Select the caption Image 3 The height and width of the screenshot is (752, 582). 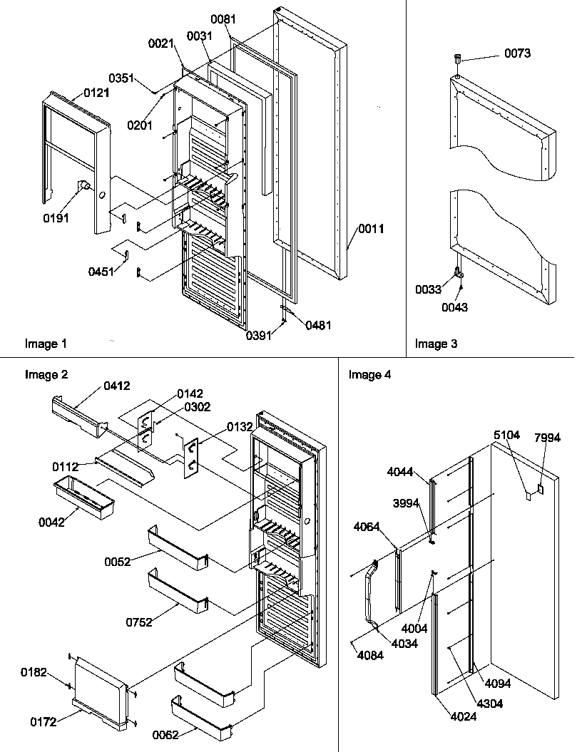point(436,344)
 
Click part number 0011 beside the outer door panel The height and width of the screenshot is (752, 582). point(371,229)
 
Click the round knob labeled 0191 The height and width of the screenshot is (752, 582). point(84,187)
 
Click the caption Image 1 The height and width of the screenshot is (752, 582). point(46,344)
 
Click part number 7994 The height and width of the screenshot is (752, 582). point(547,438)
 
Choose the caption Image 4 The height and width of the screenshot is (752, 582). point(369,375)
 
